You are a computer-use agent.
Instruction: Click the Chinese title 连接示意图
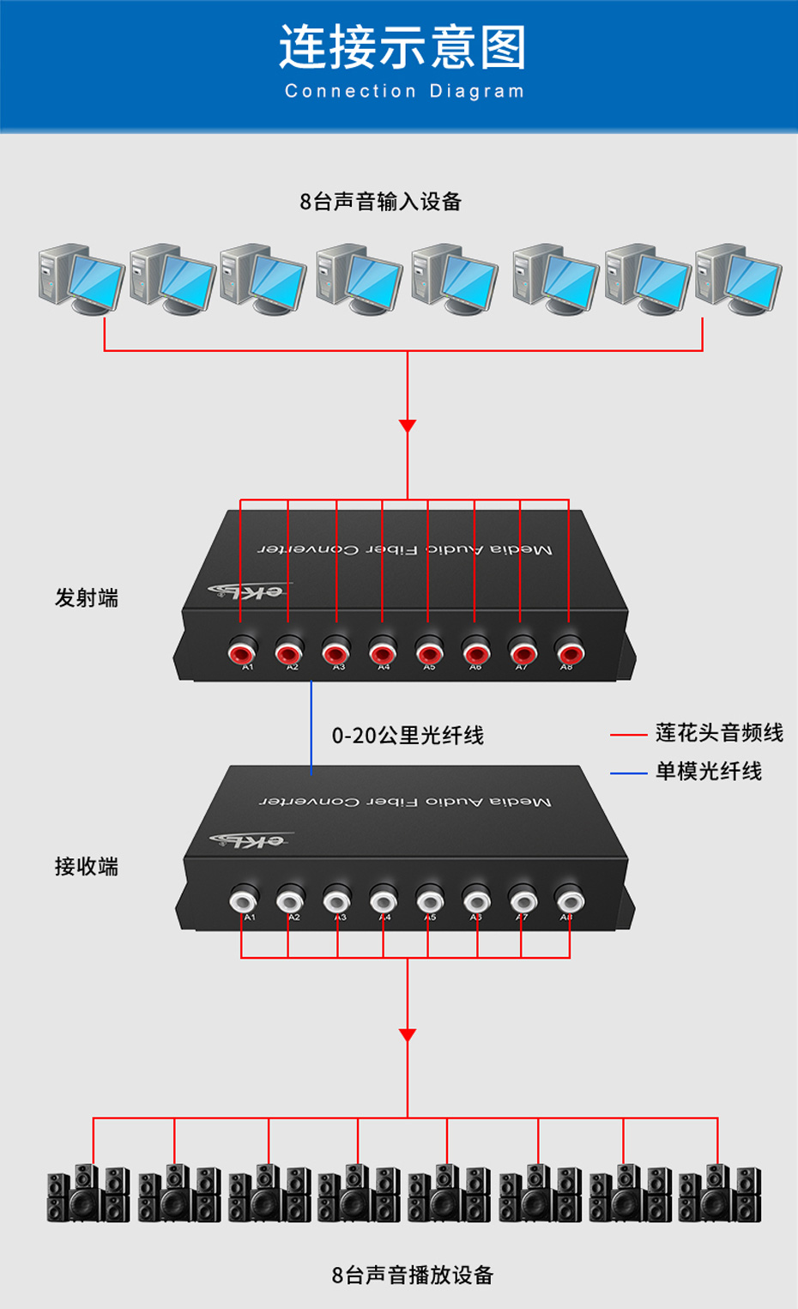coord(402,47)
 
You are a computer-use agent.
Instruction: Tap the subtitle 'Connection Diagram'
coord(404,91)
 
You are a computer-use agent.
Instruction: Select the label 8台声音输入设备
coord(380,202)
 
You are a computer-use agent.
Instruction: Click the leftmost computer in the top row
coord(81,279)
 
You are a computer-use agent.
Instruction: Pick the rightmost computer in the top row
coord(738,279)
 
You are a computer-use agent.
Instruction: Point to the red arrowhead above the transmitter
coord(408,426)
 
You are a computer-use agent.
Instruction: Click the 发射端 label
coord(87,597)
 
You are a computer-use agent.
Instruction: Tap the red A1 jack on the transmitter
coord(243,651)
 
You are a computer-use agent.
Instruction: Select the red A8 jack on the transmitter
coord(569,651)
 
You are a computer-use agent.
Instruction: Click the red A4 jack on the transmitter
coord(383,651)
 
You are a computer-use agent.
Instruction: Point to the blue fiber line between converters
coord(311,725)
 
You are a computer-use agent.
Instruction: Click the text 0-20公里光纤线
coord(408,736)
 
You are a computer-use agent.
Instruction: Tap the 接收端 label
coord(87,866)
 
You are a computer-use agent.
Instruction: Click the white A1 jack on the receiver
coord(244,900)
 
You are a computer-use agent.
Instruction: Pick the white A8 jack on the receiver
coord(570,900)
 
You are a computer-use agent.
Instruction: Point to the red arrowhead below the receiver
coord(408,1035)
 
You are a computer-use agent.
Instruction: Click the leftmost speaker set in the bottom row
coord(88,1193)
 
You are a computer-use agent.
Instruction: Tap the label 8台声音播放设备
coord(413,1276)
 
